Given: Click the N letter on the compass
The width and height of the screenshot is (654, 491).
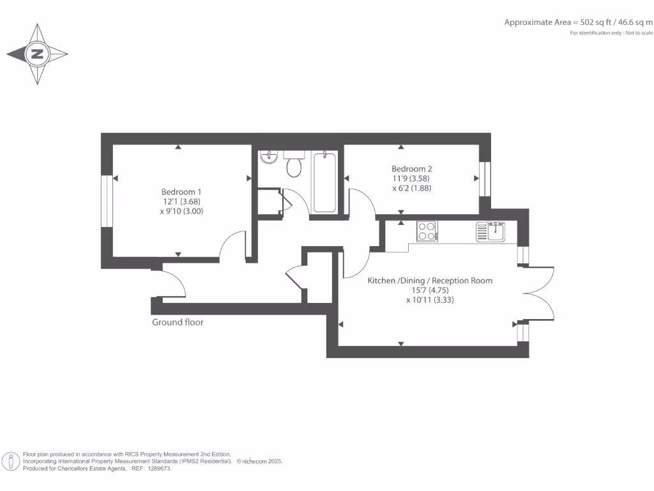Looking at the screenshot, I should [37, 54].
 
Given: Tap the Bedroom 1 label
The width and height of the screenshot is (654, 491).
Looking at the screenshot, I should [181, 192].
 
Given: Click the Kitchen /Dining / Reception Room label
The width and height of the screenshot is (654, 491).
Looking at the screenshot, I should [429, 281].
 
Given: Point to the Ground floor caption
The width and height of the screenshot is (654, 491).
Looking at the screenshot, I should [178, 322].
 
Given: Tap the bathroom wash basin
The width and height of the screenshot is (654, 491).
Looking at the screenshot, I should [269, 157].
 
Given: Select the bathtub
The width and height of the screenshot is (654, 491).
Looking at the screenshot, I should [324, 182].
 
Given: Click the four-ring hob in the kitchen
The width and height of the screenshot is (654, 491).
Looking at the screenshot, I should [426, 231].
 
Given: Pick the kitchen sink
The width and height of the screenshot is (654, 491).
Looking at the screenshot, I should [490, 231].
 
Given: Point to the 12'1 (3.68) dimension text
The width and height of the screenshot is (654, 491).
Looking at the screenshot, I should [181, 201].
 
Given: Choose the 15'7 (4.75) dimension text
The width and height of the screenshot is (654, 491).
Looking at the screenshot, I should [429, 290].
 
